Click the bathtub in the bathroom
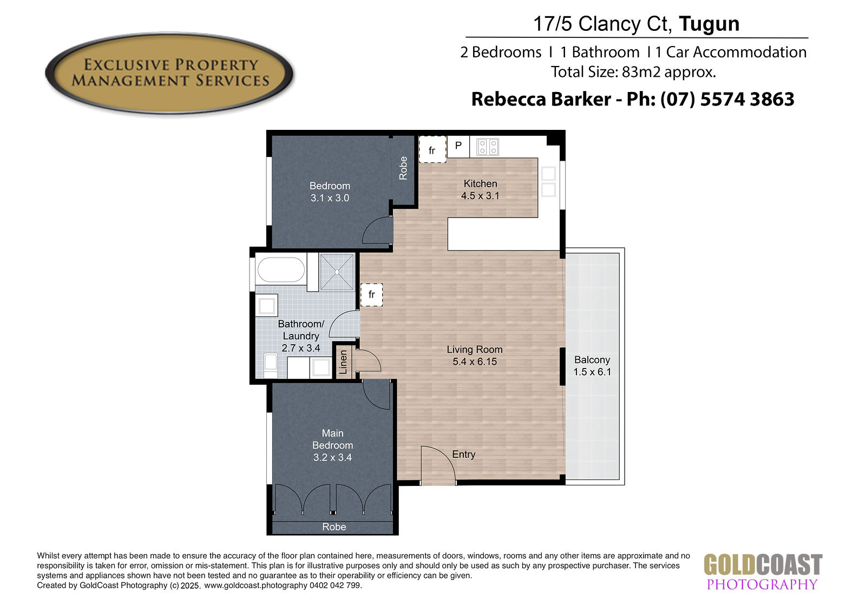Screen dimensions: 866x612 281,269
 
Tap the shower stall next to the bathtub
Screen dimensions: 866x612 337,272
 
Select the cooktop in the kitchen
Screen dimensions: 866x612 488,147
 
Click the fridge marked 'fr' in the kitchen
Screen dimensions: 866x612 432,149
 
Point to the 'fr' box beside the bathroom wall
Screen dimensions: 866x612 371,294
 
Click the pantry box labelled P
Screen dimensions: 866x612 458,146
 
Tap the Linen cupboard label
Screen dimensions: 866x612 343,362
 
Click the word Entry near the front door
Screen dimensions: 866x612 463,454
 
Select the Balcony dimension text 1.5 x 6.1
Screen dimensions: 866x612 592,372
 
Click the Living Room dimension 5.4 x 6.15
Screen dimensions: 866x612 475,362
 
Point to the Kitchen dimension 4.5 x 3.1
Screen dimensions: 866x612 480,196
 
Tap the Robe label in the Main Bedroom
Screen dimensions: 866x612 334,527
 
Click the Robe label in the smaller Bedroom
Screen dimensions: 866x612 403,168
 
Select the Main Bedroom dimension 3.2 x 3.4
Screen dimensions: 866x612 332,457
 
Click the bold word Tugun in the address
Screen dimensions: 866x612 709,24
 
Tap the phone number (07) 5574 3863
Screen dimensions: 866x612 727,99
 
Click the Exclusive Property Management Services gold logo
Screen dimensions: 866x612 169,73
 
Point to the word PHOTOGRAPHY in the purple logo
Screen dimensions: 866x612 762,584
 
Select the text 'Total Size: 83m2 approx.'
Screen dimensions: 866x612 633,72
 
